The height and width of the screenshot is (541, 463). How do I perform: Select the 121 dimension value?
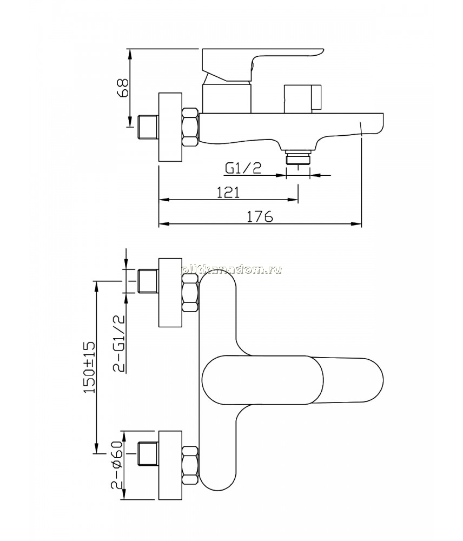tap(228, 193)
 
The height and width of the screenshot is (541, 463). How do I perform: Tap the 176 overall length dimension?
tap(260, 216)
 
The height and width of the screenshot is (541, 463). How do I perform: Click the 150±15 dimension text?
tap(89, 367)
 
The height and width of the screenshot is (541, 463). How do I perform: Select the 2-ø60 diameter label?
tap(117, 465)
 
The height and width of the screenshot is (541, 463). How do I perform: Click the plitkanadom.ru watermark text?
tap(231, 270)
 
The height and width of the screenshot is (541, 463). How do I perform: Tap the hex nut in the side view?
tap(190, 127)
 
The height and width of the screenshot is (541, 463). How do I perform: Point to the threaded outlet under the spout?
tap(299, 157)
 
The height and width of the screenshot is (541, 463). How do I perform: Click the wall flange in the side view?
tap(170, 127)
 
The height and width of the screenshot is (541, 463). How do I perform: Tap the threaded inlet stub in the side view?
tap(148, 127)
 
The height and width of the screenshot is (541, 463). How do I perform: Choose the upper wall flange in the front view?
tap(170, 292)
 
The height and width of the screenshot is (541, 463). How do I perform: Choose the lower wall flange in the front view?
tap(170, 465)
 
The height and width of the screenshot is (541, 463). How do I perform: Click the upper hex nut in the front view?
tap(190, 293)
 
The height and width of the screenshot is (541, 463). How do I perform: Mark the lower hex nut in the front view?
tap(190, 465)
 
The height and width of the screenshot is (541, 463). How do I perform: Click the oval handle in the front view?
tap(293, 380)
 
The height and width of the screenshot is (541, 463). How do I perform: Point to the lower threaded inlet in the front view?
tap(148, 453)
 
